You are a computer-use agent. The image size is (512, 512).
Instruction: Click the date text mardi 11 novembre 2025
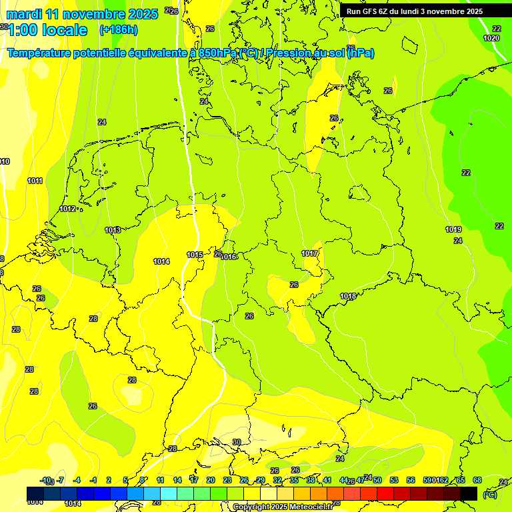[82, 14]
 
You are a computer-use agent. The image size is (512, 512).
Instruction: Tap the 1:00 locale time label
[47, 30]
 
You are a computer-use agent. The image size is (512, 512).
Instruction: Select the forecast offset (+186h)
[119, 30]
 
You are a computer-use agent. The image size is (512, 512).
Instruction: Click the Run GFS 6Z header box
[415, 11]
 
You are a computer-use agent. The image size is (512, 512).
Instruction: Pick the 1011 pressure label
[35, 181]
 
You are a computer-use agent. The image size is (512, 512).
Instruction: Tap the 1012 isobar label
[67, 209]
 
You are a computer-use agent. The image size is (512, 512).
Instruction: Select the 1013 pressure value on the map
[113, 231]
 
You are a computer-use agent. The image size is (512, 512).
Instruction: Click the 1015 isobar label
[195, 255]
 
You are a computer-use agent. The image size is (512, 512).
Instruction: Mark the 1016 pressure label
[229, 257]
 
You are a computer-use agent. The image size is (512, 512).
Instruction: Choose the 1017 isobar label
[309, 254]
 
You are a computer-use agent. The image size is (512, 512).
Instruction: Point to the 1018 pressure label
[348, 297]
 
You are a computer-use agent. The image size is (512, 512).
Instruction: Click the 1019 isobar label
[453, 230]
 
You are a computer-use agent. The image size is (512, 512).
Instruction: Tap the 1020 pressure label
[491, 39]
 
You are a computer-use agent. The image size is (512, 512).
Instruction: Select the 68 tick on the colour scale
[477, 481]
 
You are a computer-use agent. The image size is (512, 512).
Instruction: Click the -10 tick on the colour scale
[45, 481]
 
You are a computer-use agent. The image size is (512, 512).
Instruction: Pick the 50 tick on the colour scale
[377, 481]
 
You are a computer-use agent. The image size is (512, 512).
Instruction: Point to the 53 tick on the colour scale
[394, 481]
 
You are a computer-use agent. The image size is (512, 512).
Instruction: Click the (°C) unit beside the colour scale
[490, 495]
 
